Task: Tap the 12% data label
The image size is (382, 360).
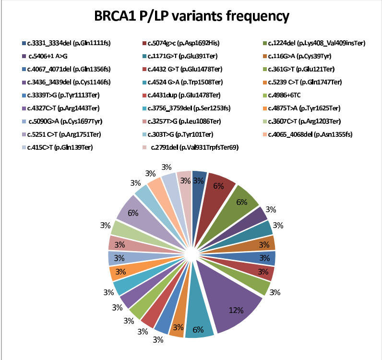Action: click(x=235, y=310)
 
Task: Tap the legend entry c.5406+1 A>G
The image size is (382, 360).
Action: click(x=48, y=56)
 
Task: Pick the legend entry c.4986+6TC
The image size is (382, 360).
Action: click(x=290, y=95)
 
